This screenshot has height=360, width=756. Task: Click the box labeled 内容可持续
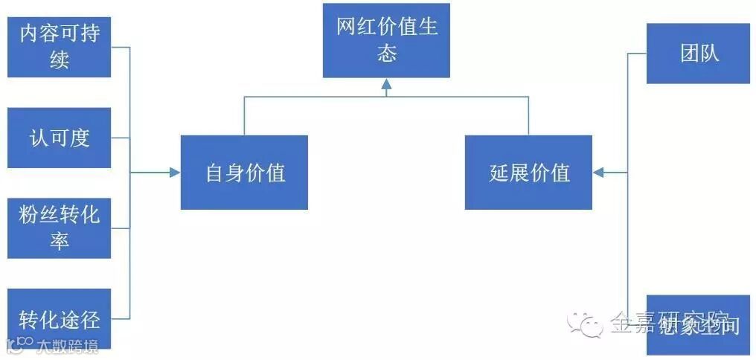(x=59, y=46)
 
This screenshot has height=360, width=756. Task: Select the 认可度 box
(x=59, y=138)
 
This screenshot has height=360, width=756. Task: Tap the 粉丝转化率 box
(x=59, y=228)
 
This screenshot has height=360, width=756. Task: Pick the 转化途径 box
(x=59, y=318)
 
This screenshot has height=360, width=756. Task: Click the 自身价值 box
(x=244, y=173)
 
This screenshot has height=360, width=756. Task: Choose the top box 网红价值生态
(x=386, y=40)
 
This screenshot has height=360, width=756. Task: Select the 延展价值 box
(x=528, y=173)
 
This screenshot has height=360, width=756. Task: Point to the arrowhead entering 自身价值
(x=175, y=173)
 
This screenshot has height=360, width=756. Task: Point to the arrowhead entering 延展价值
(x=598, y=173)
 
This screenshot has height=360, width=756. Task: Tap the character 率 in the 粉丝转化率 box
(x=60, y=241)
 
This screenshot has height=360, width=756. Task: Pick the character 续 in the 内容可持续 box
(x=60, y=60)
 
